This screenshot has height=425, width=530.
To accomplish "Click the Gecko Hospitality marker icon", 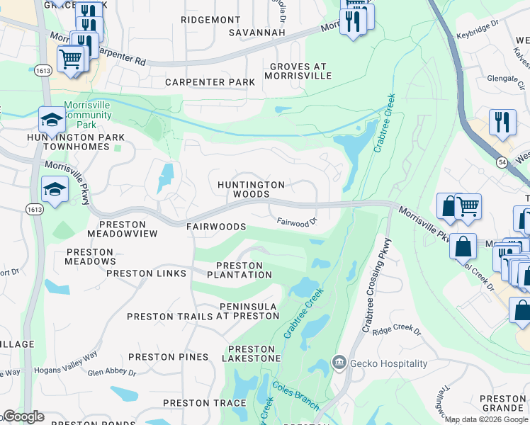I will coord(339,363).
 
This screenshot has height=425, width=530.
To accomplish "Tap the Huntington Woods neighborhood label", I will coord(251,189).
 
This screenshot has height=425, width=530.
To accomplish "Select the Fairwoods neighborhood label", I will coord(216,227).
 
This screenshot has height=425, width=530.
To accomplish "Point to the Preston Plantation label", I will coord(239,270).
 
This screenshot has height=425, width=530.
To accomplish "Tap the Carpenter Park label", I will coord(210,82).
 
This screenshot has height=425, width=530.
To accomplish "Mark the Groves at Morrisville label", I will coord(300,71).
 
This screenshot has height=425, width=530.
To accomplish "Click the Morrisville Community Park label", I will coord(88,115).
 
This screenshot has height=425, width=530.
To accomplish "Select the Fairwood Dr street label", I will coord(296,222).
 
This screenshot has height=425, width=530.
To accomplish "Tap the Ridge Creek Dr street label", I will coord(397,331).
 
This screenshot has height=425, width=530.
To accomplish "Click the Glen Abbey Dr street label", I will coord(111,371).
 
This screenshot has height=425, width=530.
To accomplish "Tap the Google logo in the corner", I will coord(23,416).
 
